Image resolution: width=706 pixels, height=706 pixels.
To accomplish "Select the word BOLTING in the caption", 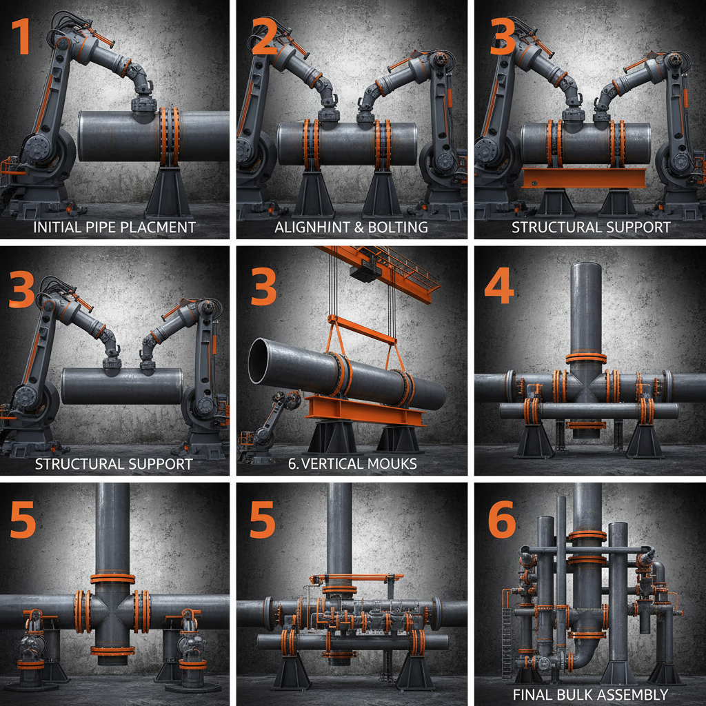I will (400, 227).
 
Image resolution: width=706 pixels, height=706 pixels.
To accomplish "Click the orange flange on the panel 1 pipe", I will (169, 135).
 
